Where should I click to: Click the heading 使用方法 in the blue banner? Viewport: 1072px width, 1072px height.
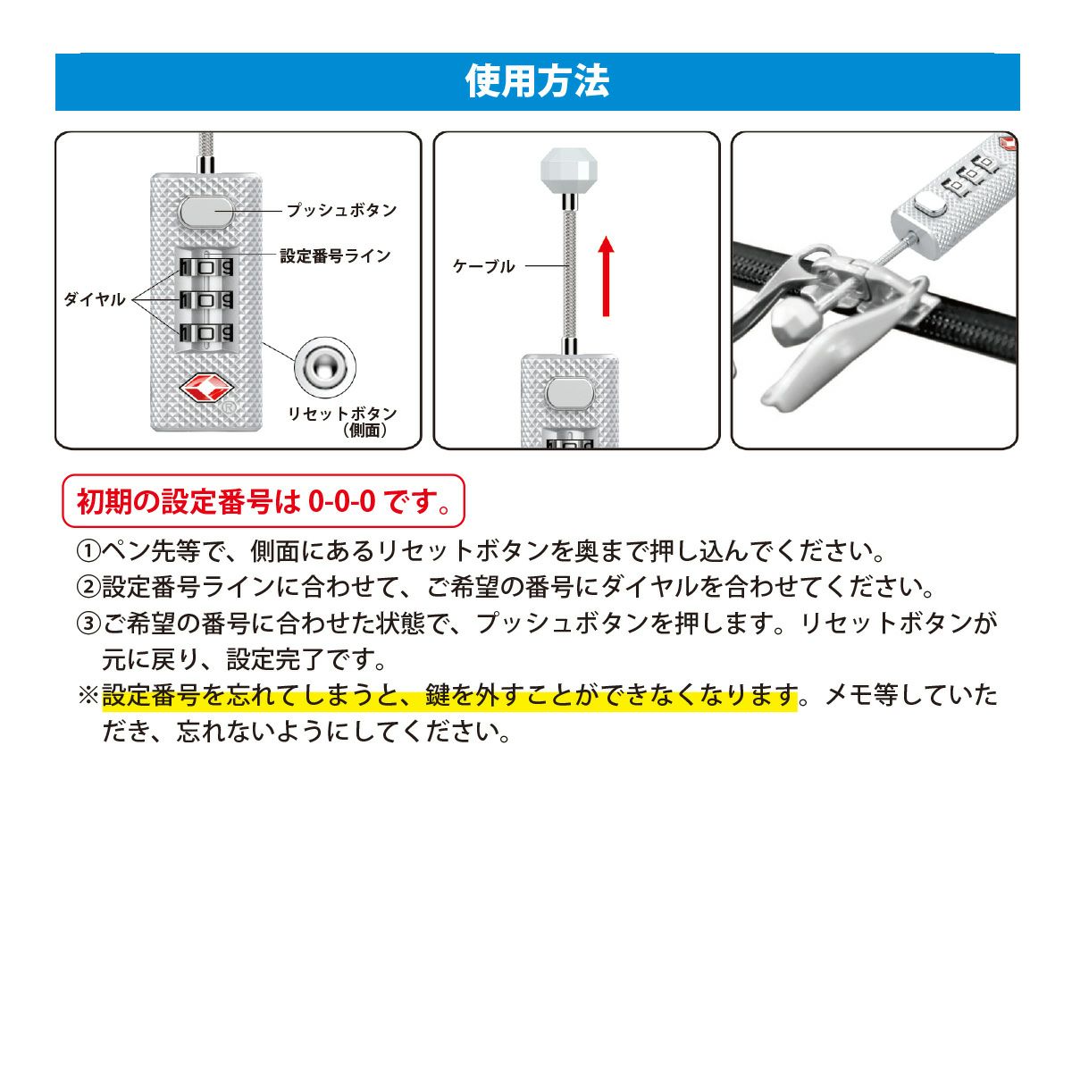pos(537,81)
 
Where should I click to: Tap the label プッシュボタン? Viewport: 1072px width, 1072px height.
pos(341,210)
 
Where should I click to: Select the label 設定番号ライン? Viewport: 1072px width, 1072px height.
pos(336,255)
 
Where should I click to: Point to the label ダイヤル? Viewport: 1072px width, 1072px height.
pos(95,299)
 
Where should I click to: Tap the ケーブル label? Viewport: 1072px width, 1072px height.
pos(483,266)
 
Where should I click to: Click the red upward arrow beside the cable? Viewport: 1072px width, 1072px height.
pos(607,276)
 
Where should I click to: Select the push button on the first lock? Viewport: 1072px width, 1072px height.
pos(205,212)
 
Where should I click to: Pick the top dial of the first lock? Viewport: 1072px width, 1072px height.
pos(206,268)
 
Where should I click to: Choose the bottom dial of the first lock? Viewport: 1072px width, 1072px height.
pos(206,333)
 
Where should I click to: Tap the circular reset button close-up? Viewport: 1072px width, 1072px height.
pos(325,367)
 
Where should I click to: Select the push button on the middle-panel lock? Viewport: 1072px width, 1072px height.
pos(570,393)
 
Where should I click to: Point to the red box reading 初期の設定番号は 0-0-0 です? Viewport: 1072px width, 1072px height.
pos(264,500)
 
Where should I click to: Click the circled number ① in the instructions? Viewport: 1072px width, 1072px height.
pos(88,552)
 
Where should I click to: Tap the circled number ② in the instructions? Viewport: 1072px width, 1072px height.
pos(88,588)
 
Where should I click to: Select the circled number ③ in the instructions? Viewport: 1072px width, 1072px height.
pos(88,624)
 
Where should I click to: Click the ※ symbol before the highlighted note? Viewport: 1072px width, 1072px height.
pos(88,695)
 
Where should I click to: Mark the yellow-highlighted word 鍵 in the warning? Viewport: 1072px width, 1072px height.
pos(439,695)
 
